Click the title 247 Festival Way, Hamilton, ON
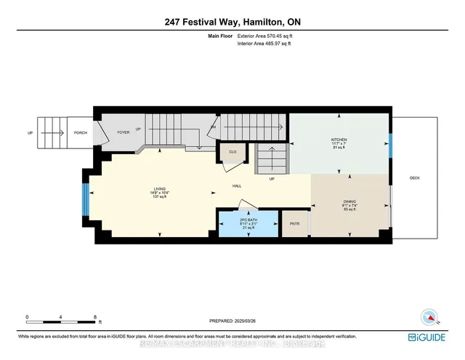click(x=232, y=23)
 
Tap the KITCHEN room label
click(x=339, y=140)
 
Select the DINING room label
click(x=350, y=201)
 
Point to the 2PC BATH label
click(x=248, y=217)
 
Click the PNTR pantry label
click(x=295, y=223)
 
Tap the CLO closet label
click(x=232, y=152)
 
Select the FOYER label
click(x=124, y=133)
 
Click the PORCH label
click(x=80, y=133)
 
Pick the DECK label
click(x=415, y=178)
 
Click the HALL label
click(x=237, y=186)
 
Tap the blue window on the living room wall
click(x=86, y=199)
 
